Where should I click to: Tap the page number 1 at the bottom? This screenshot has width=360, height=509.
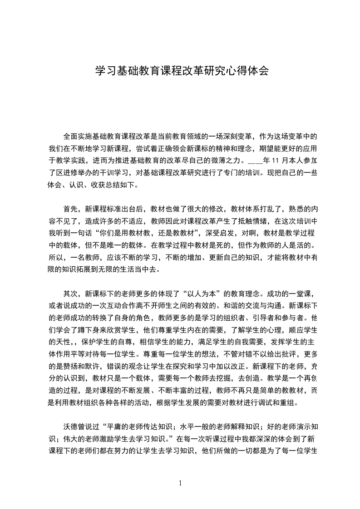click(x=180, y=483)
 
